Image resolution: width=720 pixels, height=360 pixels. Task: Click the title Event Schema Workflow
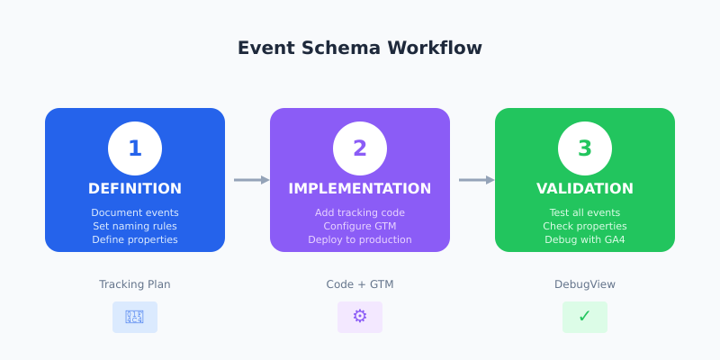[360, 49]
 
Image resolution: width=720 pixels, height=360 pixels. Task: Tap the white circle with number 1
[135, 148]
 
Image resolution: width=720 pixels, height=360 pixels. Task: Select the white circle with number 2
[360, 148]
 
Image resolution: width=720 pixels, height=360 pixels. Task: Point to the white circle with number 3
[585, 148]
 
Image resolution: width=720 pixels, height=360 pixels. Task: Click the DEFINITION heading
[135, 189]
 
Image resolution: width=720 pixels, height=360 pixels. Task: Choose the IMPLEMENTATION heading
[360, 189]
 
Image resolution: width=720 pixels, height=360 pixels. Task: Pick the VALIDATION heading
[585, 189]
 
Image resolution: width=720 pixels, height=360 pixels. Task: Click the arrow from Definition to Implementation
[251, 180]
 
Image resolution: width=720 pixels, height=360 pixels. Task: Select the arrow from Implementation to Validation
[476, 180]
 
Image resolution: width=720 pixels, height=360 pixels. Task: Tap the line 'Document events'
[135, 212]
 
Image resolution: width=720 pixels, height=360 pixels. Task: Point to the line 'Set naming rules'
[135, 226]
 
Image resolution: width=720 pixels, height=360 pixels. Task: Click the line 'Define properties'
[135, 239]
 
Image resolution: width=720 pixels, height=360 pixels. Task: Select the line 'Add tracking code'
[360, 212]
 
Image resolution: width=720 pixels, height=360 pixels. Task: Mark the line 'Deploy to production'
[360, 239]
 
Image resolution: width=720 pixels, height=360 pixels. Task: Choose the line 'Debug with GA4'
[585, 239]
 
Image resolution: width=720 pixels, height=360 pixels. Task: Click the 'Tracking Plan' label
[135, 284]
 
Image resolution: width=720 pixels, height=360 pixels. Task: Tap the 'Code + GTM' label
[360, 284]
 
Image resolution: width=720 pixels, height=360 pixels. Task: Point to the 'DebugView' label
[585, 284]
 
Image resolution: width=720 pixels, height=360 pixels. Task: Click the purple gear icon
[360, 317]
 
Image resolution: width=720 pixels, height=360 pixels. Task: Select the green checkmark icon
[585, 317]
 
